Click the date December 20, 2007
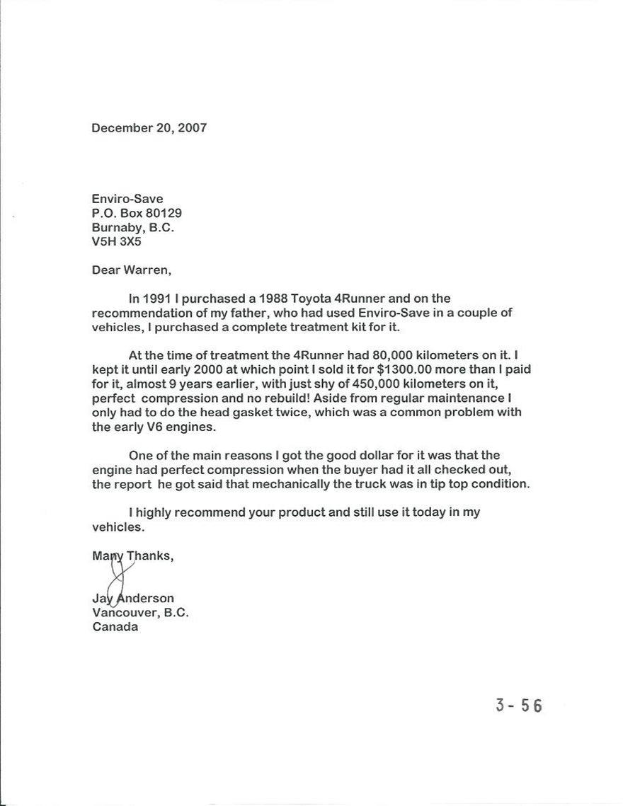pos(149,128)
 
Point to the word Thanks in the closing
pos(149,555)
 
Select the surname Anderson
pos(145,599)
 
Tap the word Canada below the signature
pos(115,627)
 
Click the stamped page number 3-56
pos(518,706)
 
